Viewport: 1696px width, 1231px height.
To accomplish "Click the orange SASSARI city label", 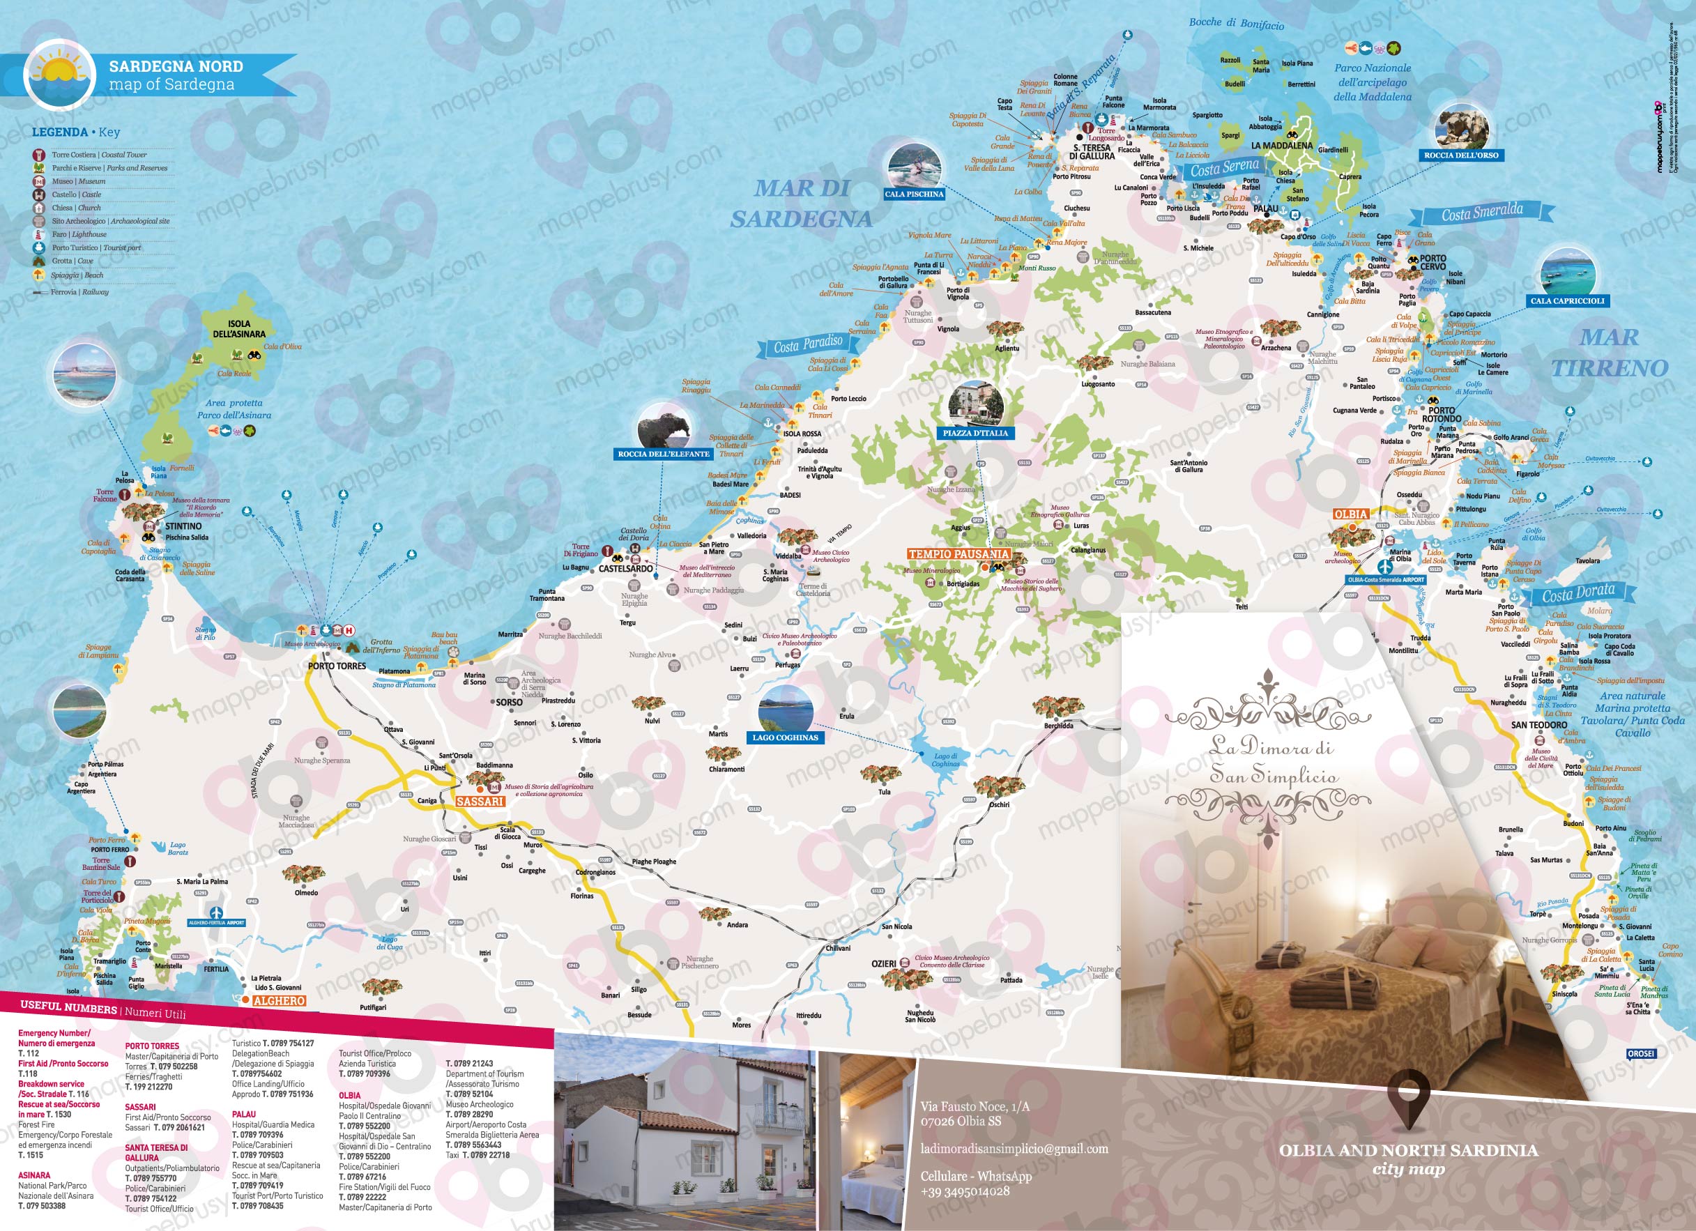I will [x=480, y=801].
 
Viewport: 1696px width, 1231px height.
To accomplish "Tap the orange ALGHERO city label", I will [x=279, y=1001].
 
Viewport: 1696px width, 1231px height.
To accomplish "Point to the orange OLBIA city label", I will [x=1350, y=514].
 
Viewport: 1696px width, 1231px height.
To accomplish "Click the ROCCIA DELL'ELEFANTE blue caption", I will [x=664, y=454].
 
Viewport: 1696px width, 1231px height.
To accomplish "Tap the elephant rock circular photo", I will [x=662, y=429].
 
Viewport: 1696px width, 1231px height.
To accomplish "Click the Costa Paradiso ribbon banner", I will [x=808, y=345].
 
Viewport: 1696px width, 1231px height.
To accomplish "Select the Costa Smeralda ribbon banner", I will [x=1481, y=213].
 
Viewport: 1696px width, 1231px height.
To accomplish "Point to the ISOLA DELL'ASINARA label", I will [x=239, y=329].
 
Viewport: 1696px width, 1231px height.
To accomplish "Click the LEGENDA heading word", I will [x=59, y=132].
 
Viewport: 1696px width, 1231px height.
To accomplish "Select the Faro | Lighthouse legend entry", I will [x=79, y=234].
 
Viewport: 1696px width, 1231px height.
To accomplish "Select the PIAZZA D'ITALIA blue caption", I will [x=975, y=433].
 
